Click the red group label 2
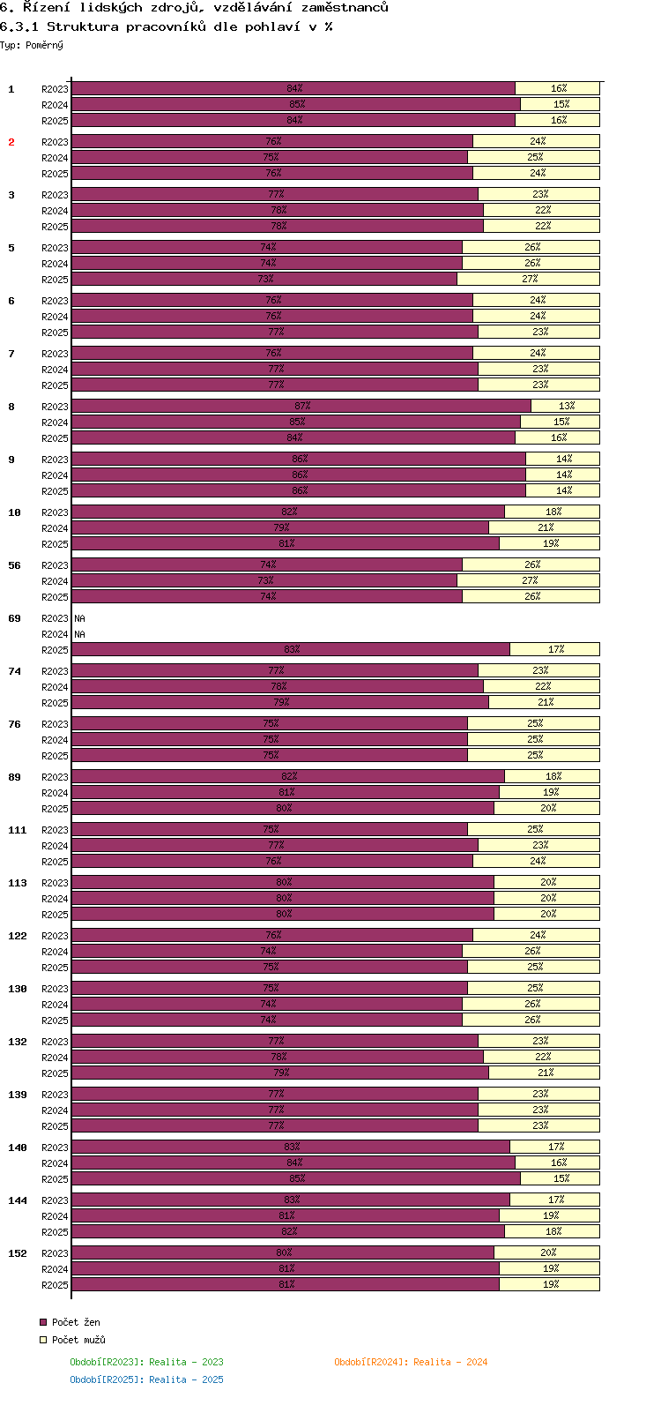coord(11,142)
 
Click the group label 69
coord(14,618)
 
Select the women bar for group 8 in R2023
coord(301,406)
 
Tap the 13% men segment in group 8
coord(566,406)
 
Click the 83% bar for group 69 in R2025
coord(290,649)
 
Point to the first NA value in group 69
coord(80,618)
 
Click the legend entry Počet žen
coord(76,1322)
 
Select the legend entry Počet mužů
coord(78,1340)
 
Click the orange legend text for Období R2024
coord(411,1362)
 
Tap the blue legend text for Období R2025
coord(146,1379)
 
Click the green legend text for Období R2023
coord(146,1362)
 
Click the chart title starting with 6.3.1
coord(167,26)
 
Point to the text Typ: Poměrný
coord(32,45)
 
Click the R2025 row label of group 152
coord(55,1285)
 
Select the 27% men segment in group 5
coord(529,279)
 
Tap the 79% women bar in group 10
coord(280,527)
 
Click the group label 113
coord(18,883)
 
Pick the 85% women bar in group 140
coord(296,1178)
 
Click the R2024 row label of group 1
coord(55,105)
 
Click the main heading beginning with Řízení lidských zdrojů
coord(194,8)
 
